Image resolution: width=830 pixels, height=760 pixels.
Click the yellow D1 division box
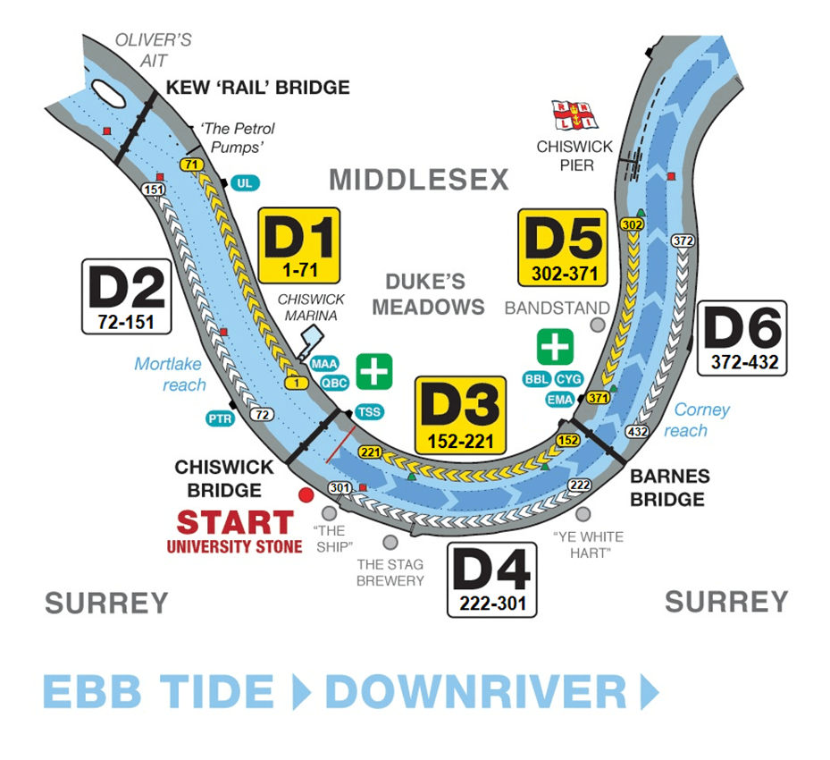pos(298,245)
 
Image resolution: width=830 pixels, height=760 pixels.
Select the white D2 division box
pos(126,297)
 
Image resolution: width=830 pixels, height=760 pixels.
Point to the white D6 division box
pos(741,337)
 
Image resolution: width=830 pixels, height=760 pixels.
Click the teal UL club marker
pos(244,183)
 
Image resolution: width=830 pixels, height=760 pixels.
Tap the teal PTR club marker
pos(220,418)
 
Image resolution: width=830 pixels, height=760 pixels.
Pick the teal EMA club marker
pos(560,400)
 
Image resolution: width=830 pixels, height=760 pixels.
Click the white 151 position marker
pos(154,190)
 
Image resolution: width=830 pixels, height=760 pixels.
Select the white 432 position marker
pos(637,431)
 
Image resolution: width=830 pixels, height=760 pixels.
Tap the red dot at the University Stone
pos(306,494)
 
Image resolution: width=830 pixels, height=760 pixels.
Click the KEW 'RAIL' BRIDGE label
pos(257,88)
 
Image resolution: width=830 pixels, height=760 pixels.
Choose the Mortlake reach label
pos(170,374)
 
